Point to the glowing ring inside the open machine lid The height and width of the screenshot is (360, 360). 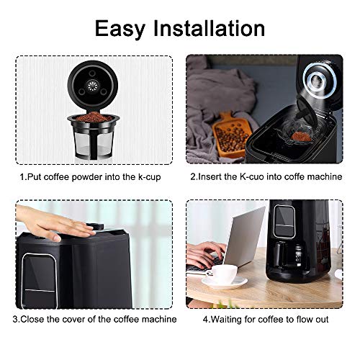[x=316, y=83]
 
